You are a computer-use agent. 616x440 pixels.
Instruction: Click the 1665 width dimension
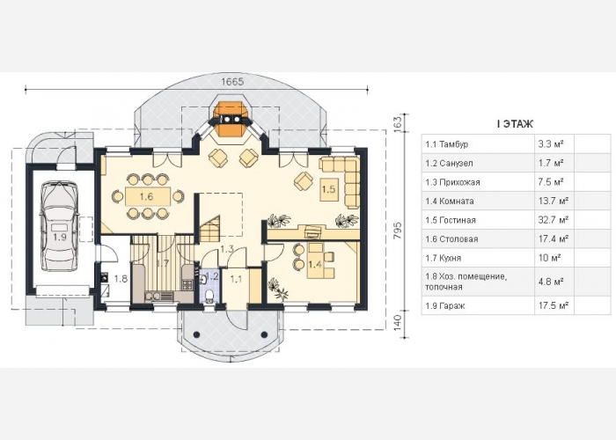pos(231,81)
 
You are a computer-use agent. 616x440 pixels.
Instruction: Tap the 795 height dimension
pos(397,226)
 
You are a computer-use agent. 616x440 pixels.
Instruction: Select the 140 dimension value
pos(397,321)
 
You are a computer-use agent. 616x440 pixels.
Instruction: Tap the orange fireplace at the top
pos(232,121)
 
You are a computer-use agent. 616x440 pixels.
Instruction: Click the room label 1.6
pos(146,197)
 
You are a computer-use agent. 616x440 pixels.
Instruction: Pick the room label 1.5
pos(329,188)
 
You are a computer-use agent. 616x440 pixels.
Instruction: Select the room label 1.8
pos(121,279)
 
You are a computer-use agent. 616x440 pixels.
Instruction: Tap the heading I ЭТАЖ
pos(509,124)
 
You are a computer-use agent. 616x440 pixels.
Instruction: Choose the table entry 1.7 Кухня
pos(448,258)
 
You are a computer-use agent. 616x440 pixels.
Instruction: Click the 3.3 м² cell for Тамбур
pos(550,143)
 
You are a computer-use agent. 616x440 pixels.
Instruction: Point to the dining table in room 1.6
pos(146,197)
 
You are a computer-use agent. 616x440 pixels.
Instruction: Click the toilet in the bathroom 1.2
pos(209,296)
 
